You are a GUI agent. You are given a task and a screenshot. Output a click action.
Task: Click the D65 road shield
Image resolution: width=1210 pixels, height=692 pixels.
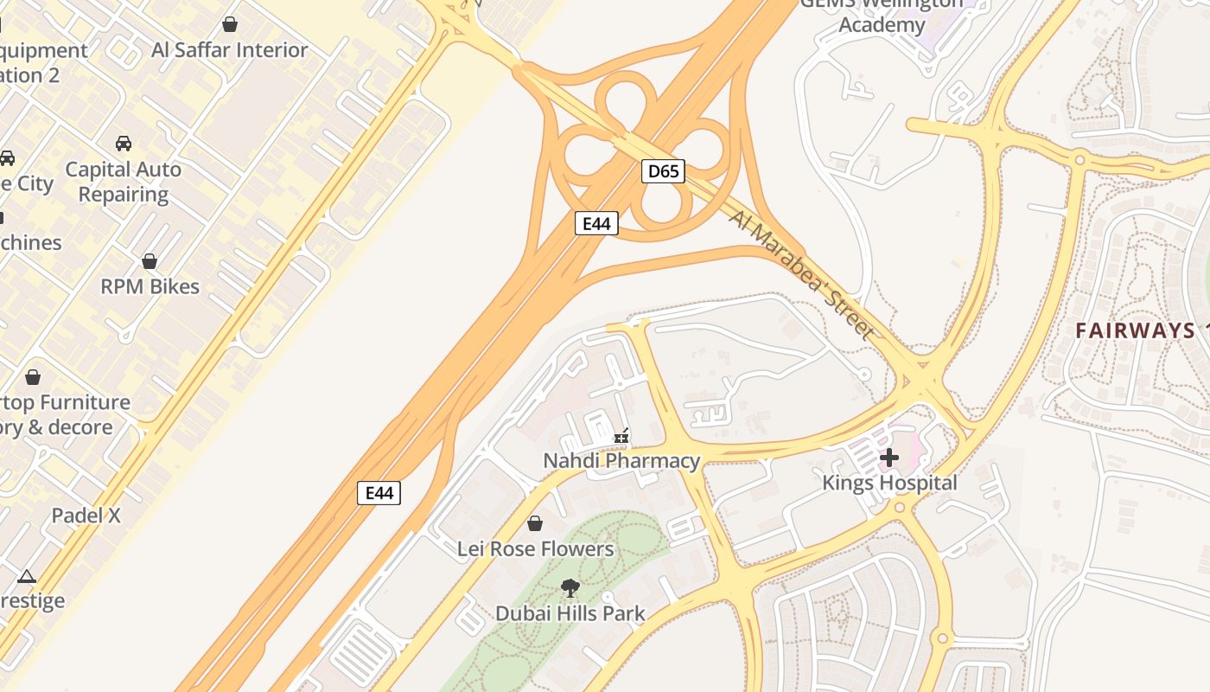click(663, 171)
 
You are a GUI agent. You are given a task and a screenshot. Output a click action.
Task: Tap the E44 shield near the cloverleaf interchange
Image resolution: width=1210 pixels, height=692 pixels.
click(596, 223)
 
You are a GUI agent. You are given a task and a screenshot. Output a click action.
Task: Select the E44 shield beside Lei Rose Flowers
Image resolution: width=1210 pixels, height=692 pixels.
click(379, 493)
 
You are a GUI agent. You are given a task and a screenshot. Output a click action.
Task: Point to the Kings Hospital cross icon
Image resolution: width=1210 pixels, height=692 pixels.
click(889, 457)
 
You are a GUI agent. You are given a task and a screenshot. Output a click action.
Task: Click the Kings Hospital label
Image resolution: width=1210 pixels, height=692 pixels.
click(889, 483)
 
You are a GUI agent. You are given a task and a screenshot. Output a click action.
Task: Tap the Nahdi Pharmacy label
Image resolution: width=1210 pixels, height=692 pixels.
click(621, 460)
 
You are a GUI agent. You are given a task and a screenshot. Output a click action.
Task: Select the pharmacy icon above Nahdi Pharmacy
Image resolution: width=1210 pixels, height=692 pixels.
click(621, 436)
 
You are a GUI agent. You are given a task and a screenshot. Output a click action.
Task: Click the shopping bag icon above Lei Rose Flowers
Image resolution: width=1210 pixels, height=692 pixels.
click(535, 523)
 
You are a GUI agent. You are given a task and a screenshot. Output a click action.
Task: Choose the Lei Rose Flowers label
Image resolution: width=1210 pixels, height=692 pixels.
click(535, 548)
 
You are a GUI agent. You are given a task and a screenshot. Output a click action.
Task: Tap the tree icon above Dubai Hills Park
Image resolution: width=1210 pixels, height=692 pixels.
click(570, 588)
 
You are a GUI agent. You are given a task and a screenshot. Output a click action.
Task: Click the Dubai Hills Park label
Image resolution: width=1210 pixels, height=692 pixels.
click(570, 613)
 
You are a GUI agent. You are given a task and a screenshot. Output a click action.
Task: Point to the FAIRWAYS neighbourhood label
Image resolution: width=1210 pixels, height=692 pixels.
click(1135, 330)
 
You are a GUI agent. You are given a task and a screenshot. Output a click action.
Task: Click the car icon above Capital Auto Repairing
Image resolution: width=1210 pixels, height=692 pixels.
click(124, 144)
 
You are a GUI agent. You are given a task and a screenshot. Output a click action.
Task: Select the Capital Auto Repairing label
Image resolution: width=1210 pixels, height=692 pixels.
click(124, 182)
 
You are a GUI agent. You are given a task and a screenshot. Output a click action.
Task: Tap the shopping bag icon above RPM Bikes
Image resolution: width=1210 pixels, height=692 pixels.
click(150, 261)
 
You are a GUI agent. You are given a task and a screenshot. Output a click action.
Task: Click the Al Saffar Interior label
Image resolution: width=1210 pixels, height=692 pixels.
click(229, 50)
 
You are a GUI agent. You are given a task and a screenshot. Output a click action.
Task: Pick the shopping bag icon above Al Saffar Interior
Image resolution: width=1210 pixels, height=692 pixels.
click(230, 24)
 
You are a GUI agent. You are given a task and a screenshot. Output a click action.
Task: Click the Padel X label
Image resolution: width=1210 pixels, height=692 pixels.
click(86, 516)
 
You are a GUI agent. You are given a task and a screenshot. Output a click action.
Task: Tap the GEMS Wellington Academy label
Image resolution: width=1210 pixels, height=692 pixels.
click(882, 14)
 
